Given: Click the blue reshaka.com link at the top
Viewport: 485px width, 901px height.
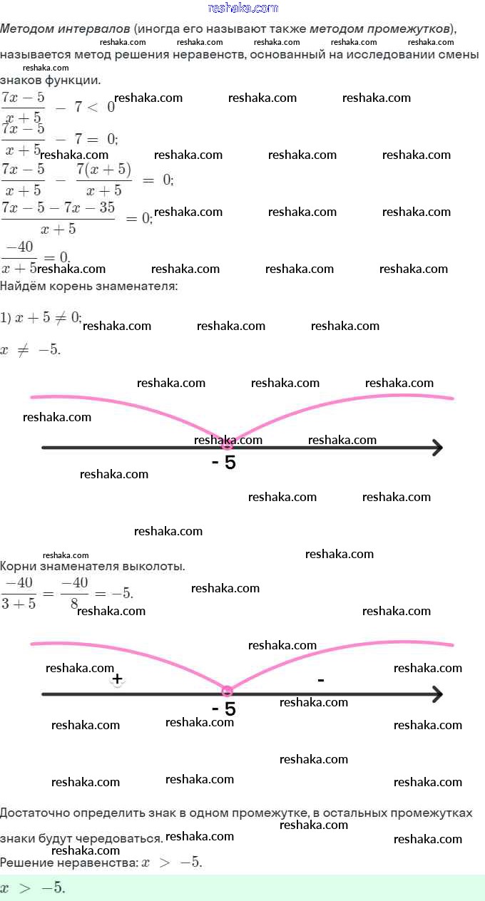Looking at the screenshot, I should pyautogui.click(x=242, y=8).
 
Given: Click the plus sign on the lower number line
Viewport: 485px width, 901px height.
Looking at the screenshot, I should pyautogui.click(x=118, y=679).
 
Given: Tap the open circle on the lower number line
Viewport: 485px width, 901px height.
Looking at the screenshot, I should pyautogui.click(x=227, y=691).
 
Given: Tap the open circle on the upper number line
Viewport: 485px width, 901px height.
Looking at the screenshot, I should pyautogui.click(x=227, y=444).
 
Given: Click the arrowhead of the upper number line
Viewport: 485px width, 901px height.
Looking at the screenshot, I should pyautogui.click(x=436, y=448).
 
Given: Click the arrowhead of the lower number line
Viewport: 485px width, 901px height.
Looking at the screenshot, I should pyautogui.click(x=436, y=694).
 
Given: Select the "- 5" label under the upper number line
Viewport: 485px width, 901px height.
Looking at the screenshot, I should pyautogui.click(x=224, y=463).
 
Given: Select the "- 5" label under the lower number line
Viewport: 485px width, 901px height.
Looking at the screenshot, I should pyautogui.click(x=224, y=709).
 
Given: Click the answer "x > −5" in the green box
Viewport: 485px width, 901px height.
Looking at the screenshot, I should pyautogui.click(x=32, y=888).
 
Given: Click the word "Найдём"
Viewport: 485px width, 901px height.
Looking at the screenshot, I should pyautogui.click(x=21, y=286).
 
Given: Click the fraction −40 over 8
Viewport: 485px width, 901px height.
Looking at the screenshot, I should pyautogui.click(x=74, y=593).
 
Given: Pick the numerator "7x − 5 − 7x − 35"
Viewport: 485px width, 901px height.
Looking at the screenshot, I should pyautogui.click(x=58, y=207).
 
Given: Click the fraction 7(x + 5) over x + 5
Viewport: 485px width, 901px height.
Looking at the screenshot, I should pyautogui.click(x=103, y=180).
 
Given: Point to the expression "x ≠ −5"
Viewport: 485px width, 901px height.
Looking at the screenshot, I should pyautogui.click(x=31, y=351).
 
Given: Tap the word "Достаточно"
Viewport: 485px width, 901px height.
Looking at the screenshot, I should pyautogui.click(x=34, y=813).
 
